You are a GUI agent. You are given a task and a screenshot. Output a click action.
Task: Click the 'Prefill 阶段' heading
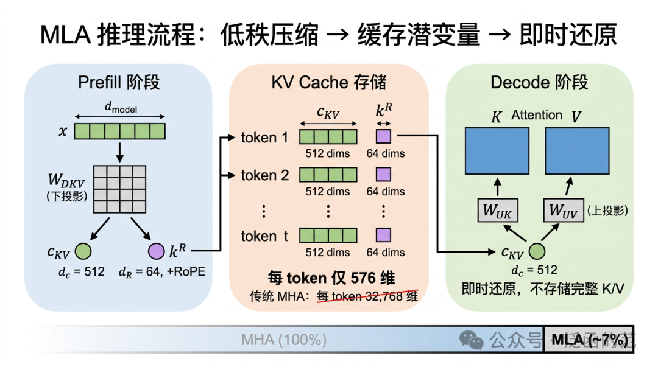click(x=119, y=82)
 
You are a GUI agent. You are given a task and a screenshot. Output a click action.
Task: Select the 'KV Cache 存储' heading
click(x=328, y=82)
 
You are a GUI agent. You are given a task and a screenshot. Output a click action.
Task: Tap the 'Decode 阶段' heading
click(x=539, y=82)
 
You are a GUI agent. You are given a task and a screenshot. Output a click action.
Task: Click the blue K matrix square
click(x=496, y=151)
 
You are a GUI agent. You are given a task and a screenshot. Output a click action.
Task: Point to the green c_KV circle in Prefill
click(x=83, y=251)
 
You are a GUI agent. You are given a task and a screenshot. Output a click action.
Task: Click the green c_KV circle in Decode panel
click(x=537, y=251)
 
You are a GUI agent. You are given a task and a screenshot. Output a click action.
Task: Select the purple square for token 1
click(x=383, y=137)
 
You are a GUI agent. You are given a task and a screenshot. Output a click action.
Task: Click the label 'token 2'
click(x=264, y=176)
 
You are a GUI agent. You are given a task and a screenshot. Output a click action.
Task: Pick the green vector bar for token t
click(x=328, y=236)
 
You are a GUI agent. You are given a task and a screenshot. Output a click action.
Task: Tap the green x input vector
click(x=120, y=131)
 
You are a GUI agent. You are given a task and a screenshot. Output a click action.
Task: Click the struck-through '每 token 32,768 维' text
click(x=367, y=297)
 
